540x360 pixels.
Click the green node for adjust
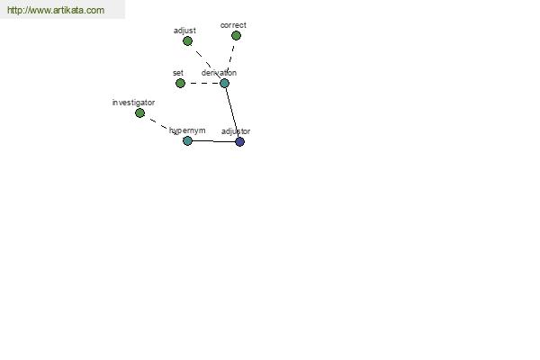pyautogui.click(x=187, y=41)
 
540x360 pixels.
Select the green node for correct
pyautogui.click(x=236, y=35)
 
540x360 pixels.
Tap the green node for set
pyautogui.click(x=180, y=83)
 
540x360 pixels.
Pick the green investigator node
pyautogui.click(x=139, y=112)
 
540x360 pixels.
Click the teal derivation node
pyautogui.click(x=224, y=83)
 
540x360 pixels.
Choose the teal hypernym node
pyautogui.click(x=187, y=140)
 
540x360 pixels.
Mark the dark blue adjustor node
pyautogui.click(x=239, y=141)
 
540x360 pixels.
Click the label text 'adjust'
pyautogui.click(x=184, y=31)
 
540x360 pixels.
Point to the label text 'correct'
pyautogui.click(x=233, y=25)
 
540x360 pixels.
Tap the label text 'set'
pyautogui.click(x=178, y=73)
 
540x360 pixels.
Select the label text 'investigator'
pyautogui.click(x=133, y=103)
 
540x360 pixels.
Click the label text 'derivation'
pyautogui.click(x=219, y=73)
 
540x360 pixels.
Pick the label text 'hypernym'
pyautogui.click(x=187, y=130)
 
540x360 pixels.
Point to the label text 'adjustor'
pyautogui.click(x=236, y=131)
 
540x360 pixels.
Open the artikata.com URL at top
pyautogui.click(x=56, y=10)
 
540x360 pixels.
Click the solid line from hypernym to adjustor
pyautogui.click(x=213, y=141)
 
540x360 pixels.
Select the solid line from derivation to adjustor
pyautogui.click(x=232, y=112)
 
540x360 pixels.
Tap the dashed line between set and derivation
pyautogui.click(x=202, y=83)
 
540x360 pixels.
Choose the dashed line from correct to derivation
pyautogui.click(x=230, y=58)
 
